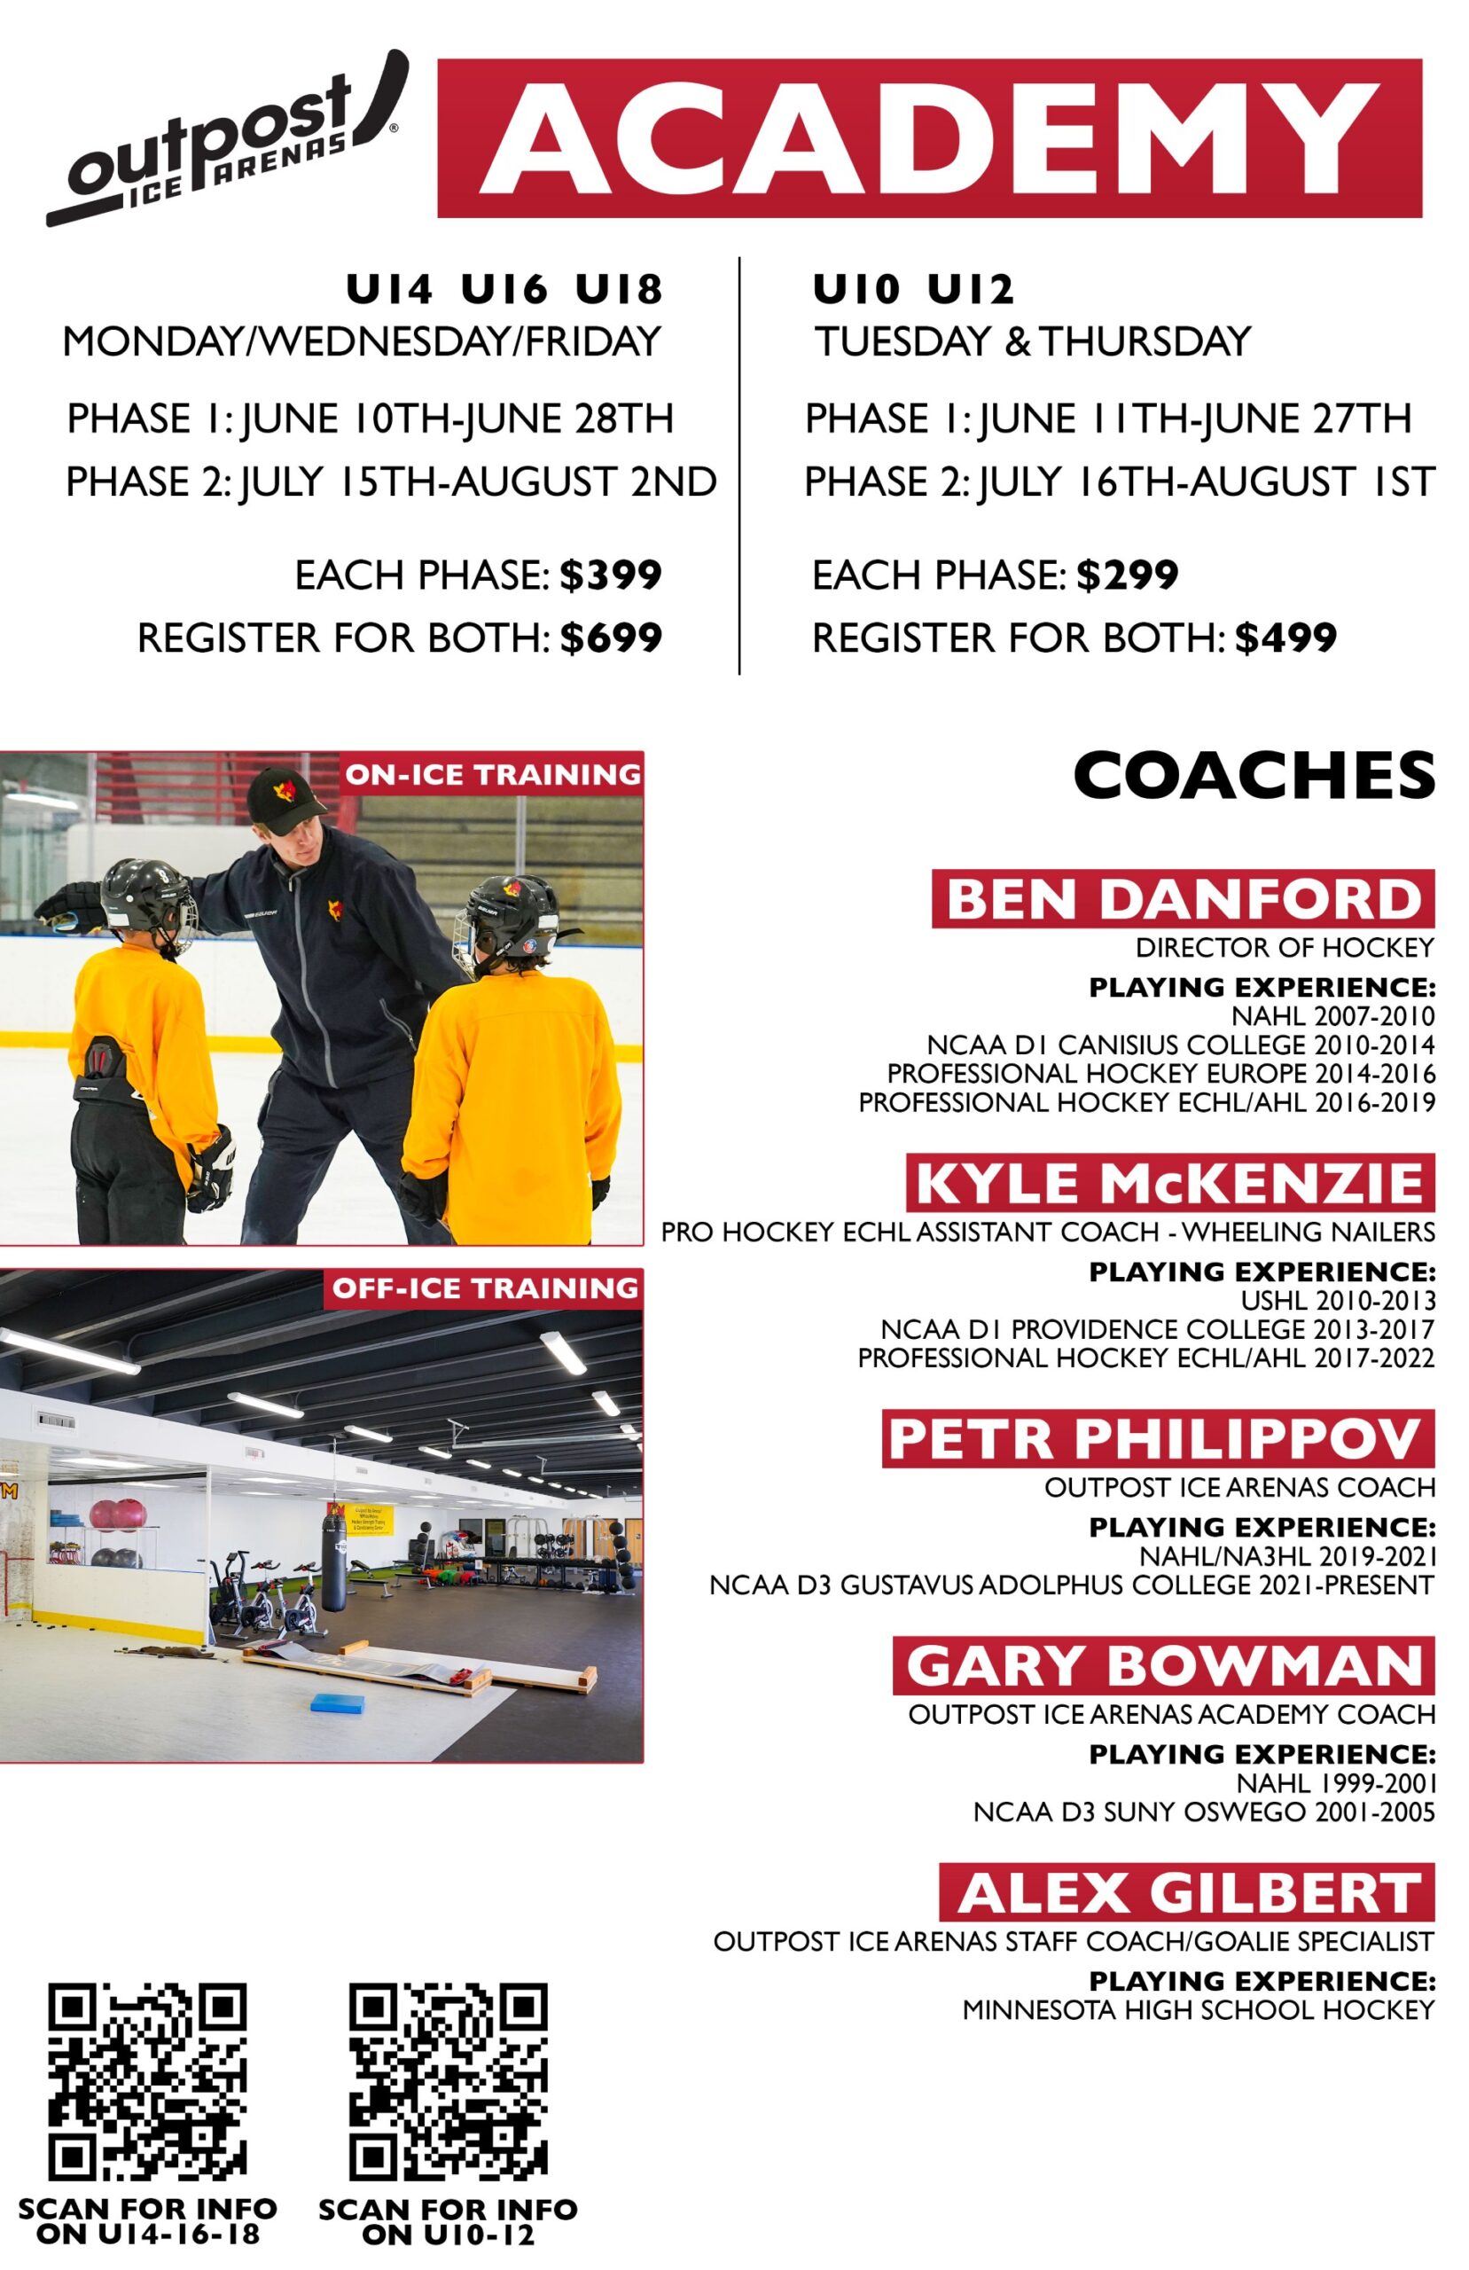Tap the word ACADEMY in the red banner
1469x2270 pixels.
pyautogui.click(x=929, y=138)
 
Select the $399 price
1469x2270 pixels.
pyautogui.click(x=611, y=575)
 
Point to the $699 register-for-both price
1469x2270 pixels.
pyautogui.click(x=611, y=638)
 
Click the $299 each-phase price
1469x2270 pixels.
pyautogui.click(x=1128, y=575)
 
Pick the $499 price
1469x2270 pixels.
pyautogui.click(x=1285, y=638)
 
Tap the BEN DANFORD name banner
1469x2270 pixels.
pyautogui.click(x=1183, y=898)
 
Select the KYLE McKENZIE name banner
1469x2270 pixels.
pyautogui.click(x=1170, y=1183)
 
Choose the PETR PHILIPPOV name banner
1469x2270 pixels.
pyautogui.click(x=1158, y=1438)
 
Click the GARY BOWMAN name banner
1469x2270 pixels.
pyautogui.click(x=1164, y=1665)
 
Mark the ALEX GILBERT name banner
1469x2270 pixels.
pyautogui.click(x=1187, y=1892)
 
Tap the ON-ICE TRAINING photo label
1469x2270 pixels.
pyautogui.click(x=492, y=773)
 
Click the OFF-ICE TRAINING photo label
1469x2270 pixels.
pyautogui.click(x=485, y=1288)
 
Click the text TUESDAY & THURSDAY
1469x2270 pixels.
pyautogui.click(x=1032, y=341)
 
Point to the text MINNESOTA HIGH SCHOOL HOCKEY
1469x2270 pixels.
pyautogui.click(x=1199, y=2010)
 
